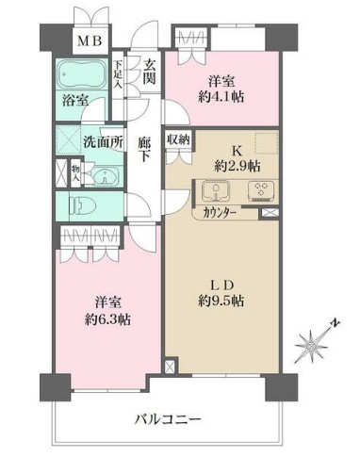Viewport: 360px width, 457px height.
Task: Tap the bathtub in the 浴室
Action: [84, 74]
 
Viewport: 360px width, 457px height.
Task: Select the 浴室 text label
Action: [75, 97]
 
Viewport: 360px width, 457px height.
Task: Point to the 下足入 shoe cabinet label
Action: [118, 74]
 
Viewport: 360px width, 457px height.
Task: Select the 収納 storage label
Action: [179, 139]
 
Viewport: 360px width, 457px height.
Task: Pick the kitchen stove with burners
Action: [258, 192]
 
